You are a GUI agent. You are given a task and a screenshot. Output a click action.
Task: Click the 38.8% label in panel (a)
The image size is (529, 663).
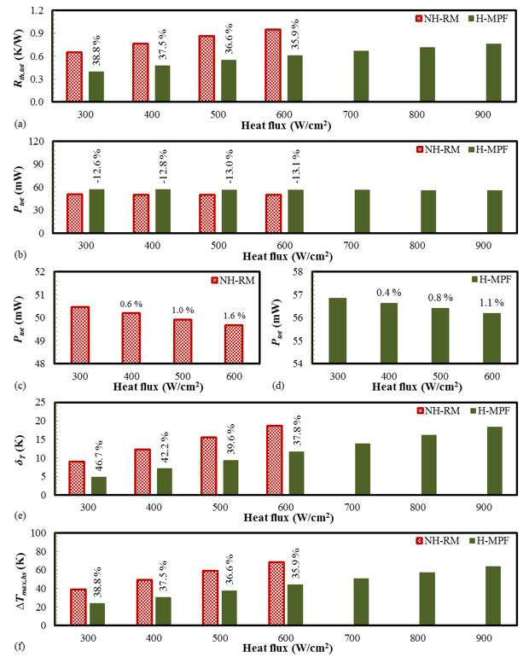[x=96, y=50]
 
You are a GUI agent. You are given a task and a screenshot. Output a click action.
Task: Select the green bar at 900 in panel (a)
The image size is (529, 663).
[x=493, y=73]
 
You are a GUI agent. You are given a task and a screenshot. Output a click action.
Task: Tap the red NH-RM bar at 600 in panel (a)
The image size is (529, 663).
[x=273, y=65]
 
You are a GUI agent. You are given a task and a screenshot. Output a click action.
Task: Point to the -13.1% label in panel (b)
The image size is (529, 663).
[x=296, y=166]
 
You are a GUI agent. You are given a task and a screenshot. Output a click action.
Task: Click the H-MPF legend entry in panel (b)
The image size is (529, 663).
[x=488, y=149]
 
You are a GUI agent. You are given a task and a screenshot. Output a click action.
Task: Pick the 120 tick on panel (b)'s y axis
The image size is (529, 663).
[x=37, y=142]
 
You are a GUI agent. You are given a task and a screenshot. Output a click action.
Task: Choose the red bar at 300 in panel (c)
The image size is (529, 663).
[x=80, y=334]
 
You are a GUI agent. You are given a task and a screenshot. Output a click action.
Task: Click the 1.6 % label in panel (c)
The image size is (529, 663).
[x=235, y=316]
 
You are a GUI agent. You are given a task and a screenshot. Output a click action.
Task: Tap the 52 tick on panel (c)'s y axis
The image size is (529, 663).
[x=39, y=272]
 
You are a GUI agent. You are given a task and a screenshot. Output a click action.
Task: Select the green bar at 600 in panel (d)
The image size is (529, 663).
[x=492, y=338]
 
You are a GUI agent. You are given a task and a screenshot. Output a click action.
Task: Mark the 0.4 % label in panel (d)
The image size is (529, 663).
[x=388, y=293]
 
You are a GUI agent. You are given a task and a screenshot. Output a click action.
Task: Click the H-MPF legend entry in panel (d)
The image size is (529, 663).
[x=491, y=280]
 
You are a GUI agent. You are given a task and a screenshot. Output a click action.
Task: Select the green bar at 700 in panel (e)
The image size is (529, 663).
[x=363, y=469]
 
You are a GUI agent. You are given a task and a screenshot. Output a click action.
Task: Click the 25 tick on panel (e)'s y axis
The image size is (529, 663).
[x=40, y=403]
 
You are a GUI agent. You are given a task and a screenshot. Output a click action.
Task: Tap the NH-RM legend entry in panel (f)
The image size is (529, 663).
[x=438, y=540]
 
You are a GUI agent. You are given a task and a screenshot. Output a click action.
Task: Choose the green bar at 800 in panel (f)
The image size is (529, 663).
[x=427, y=598]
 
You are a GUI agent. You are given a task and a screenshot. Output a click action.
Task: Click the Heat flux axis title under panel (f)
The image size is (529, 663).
[x=288, y=648]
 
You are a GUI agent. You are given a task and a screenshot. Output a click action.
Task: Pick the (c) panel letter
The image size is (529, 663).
[x=20, y=386]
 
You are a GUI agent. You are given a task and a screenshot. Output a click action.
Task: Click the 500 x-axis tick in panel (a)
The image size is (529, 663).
[x=218, y=114]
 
